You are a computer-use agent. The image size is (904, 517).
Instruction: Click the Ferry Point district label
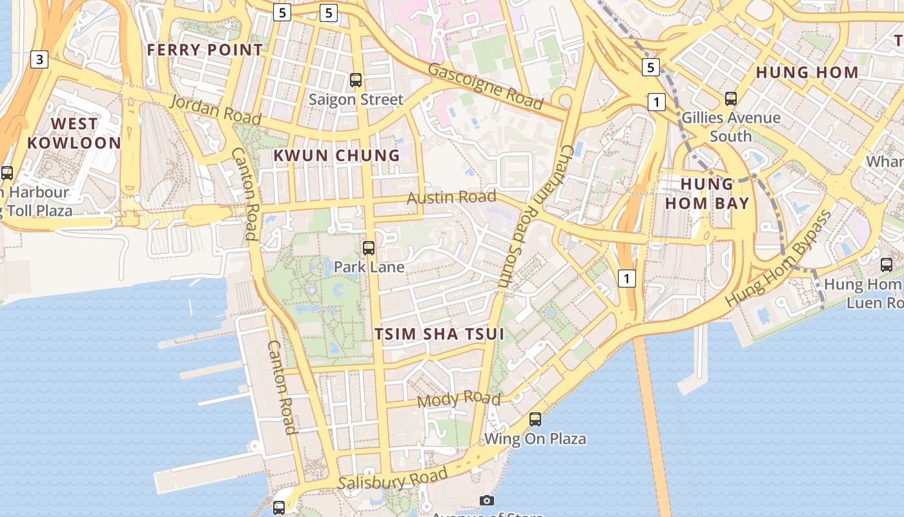(205, 50)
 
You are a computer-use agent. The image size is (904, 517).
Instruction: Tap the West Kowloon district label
(74, 133)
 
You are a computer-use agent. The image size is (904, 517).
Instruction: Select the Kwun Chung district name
(336, 155)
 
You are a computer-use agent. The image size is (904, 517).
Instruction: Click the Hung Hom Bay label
(707, 194)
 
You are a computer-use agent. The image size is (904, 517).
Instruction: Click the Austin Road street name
(451, 197)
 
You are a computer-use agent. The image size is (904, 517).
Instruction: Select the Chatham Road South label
(533, 216)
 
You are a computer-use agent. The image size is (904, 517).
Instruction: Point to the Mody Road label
(458, 399)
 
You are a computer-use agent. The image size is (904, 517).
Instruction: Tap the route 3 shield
(39, 60)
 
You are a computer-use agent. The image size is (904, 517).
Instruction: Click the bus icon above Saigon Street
(356, 80)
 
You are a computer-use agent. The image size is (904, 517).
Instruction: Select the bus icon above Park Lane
(369, 248)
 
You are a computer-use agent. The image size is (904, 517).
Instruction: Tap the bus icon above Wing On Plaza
(535, 419)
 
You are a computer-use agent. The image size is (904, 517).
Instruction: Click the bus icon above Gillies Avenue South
(731, 99)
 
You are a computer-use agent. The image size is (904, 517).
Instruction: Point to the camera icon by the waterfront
(488, 500)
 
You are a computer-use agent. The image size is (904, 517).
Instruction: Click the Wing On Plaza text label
(535, 439)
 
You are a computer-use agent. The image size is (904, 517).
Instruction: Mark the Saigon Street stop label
(356, 100)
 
